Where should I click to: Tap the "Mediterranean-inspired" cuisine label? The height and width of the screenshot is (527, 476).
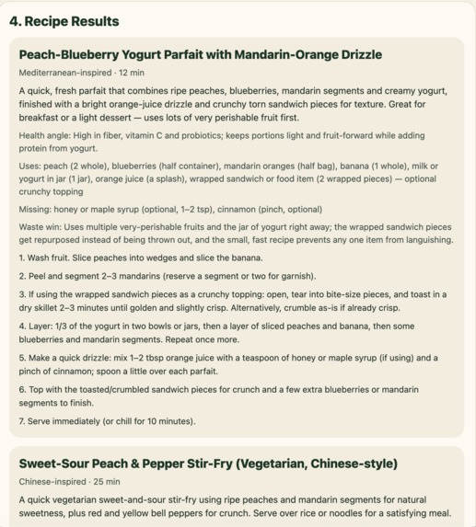[63, 72]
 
